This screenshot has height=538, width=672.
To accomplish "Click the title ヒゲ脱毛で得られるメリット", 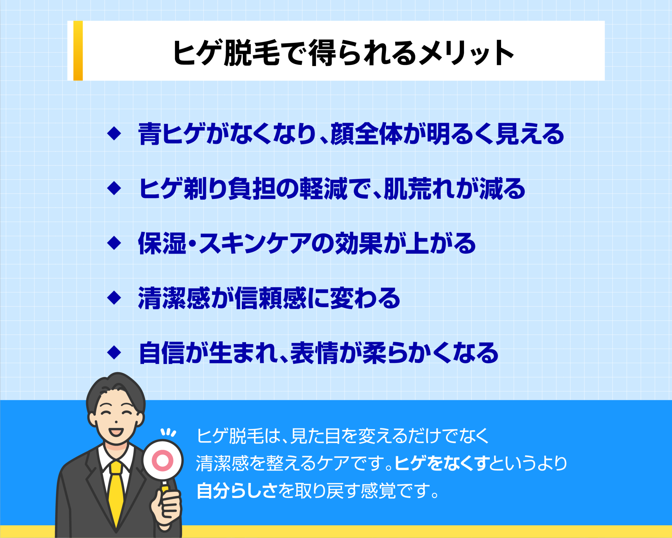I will point(343,53).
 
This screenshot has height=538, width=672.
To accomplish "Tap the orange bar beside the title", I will point(78,51).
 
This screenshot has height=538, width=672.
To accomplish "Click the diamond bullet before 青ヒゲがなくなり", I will point(114,134).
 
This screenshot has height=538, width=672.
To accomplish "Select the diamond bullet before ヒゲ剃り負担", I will point(114,188).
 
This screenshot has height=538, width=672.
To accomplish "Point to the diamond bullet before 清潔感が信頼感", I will point(114,298).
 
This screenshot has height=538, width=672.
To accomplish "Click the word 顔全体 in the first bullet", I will point(366,134).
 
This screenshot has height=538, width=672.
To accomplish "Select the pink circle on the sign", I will point(163,461).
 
